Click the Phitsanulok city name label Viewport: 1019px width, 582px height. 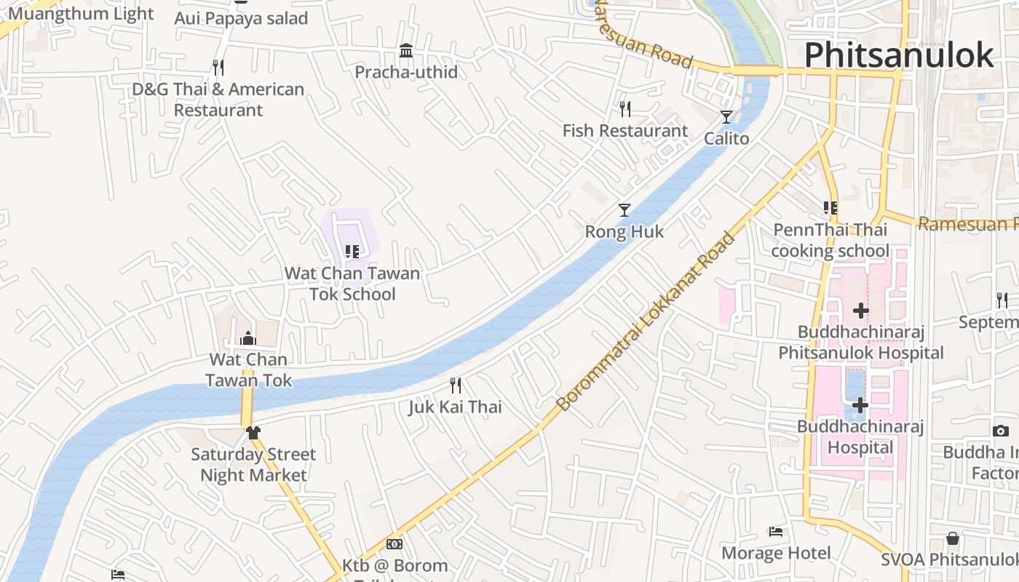pyautogui.click(x=899, y=55)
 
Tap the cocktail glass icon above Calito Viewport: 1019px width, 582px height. pyautogui.click(x=726, y=116)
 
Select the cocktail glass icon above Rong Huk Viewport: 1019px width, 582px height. pyautogui.click(x=625, y=210)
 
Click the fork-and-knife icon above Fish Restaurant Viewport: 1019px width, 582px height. pyautogui.click(x=625, y=109)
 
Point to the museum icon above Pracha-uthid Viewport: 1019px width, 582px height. pyautogui.click(x=406, y=50)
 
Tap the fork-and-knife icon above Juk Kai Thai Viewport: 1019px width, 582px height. pyautogui.click(x=456, y=385)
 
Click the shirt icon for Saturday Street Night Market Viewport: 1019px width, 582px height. pyautogui.click(x=253, y=432)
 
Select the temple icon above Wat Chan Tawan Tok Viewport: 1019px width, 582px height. pyautogui.click(x=248, y=338)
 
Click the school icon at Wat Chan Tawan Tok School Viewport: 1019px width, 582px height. pyautogui.click(x=352, y=252)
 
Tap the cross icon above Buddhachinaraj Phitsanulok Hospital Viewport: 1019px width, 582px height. pyautogui.click(x=861, y=311)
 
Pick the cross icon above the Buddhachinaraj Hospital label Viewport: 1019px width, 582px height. pyautogui.click(x=860, y=404)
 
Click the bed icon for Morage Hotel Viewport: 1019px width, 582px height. pyautogui.click(x=776, y=532)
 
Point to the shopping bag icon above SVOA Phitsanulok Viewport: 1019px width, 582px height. pyautogui.click(x=953, y=538)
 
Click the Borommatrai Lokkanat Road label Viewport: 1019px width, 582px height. pyautogui.click(x=646, y=321)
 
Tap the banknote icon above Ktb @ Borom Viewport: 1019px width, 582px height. pyautogui.click(x=394, y=544)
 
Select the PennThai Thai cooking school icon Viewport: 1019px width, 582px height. pyautogui.click(x=830, y=208)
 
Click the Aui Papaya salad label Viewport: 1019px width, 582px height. pyautogui.click(x=241, y=18)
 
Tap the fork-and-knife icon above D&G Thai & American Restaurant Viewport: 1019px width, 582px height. pyautogui.click(x=218, y=68)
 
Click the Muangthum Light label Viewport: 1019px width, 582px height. pyautogui.click(x=81, y=13)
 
